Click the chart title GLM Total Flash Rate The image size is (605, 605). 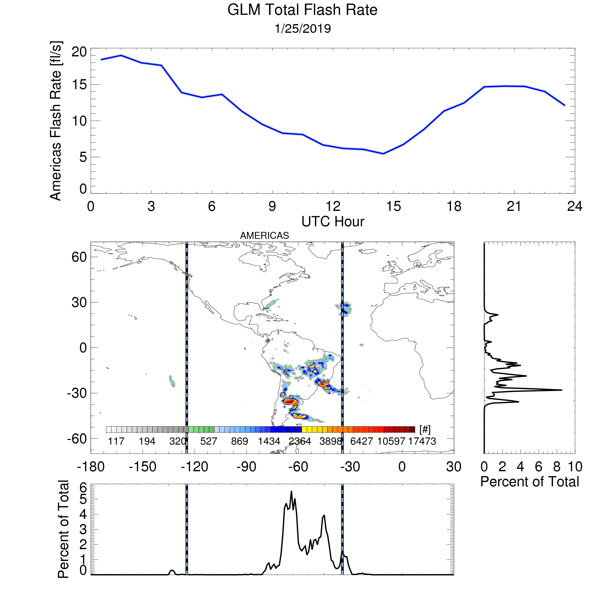tap(302, 10)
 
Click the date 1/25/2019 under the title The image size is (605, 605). tap(302, 28)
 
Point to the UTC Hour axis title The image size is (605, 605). tap(333, 222)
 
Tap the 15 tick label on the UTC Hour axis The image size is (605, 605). tap(393, 206)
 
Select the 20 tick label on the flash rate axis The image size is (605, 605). tap(79, 52)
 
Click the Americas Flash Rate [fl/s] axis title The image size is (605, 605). tap(56, 121)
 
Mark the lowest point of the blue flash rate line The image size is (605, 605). tap(383, 154)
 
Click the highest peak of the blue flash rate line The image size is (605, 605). tap(121, 55)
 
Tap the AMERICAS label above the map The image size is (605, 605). tap(265, 235)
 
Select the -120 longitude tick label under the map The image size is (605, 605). tap(194, 467)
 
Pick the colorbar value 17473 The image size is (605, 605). tap(422, 441)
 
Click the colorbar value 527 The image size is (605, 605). tap(209, 441)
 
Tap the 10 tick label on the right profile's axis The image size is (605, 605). tap(575, 467)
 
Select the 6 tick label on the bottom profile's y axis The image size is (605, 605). tap(83, 488)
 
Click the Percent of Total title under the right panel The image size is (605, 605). tap(529, 482)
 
